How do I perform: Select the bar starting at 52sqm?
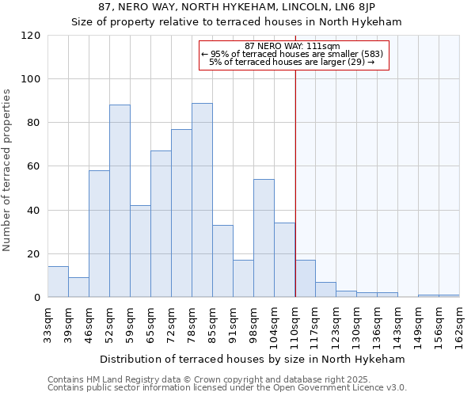[x=120, y=201]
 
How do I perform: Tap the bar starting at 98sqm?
[x=264, y=238]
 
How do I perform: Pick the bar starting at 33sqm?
[x=58, y=282]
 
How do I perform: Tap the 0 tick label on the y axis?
[x=36, y=298]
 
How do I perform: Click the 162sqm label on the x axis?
[x=460, y=325]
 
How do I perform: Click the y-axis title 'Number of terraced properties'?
[x=7, y=170]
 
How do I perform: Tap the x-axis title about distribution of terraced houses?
[x=253, y=359]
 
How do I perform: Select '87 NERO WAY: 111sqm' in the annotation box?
[x=292, y=46]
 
